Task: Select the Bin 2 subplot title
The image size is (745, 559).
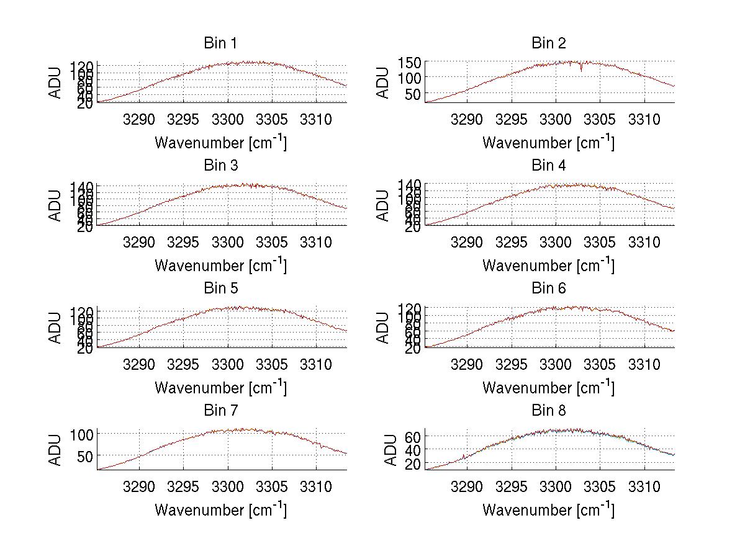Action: point(548,43)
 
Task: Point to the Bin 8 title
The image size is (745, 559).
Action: point(548,411)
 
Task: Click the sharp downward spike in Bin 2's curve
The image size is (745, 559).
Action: point(581,69)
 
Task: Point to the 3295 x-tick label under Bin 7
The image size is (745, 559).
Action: point(184,486)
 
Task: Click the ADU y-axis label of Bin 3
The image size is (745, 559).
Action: point(56,205)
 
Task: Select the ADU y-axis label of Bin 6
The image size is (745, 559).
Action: point(383,328)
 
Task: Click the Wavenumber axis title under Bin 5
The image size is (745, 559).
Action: point(220,388)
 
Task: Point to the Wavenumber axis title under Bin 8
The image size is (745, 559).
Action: point(548,510)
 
